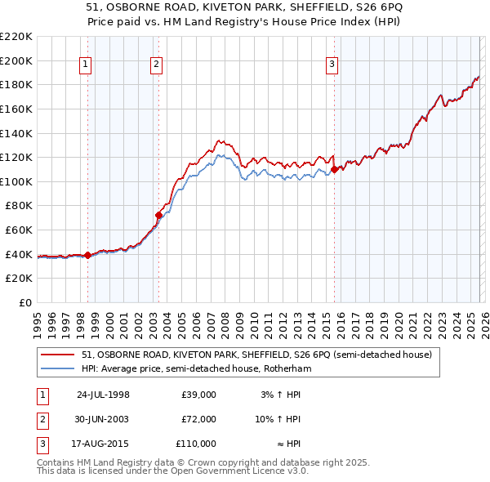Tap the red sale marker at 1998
click(88, 256)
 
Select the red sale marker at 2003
click(158, 216)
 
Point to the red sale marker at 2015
click(335, 170)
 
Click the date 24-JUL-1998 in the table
click(103, 395)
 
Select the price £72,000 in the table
click(198, 419)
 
